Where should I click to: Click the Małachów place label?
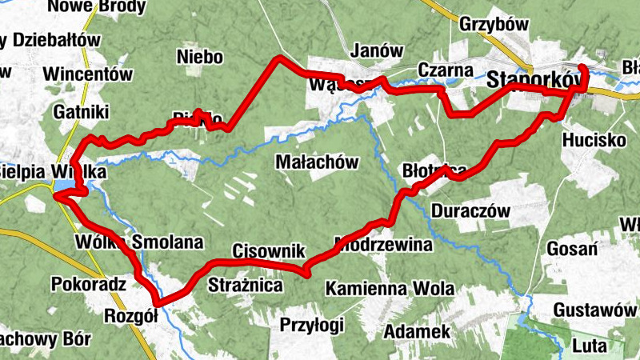pos(315,162)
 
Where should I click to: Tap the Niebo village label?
pos(199,57)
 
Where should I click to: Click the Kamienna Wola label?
pos(390,288)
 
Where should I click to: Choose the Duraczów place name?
pos(470,212)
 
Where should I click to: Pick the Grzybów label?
pos(494,25)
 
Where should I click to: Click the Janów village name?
pos(377,50)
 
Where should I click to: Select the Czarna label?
pos(446,70)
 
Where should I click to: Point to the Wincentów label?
pos(88,74)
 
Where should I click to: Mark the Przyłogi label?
pos(312,325)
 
